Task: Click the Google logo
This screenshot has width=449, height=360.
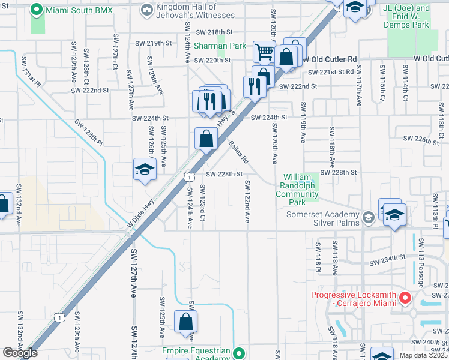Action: coord(20,352)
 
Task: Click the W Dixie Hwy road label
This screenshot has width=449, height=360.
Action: coord(142,212)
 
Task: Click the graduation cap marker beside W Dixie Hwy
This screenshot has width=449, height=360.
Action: coord(145,170)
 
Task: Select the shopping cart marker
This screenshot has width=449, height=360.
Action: coord(264,52)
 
